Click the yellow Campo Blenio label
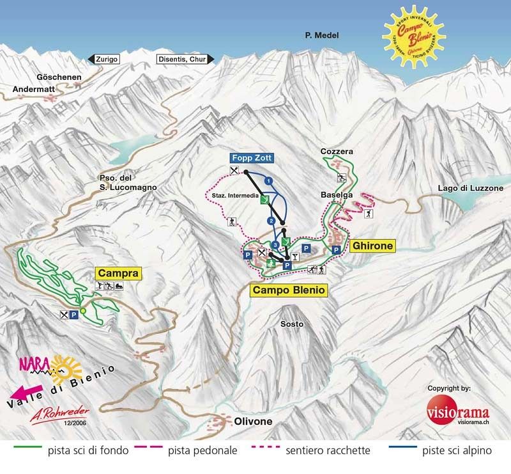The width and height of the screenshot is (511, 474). pyautogui.click(x=289, y=290)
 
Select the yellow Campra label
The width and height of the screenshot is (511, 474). pyautogui.click(x=118, y=274)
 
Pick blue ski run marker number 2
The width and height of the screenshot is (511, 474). pyautogui.click(x=271, y=221)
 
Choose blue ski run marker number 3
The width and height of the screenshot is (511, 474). pyautogui.click(x=275, y=245)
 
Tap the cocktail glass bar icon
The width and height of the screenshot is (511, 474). pyautogui.click(x=295, y=256)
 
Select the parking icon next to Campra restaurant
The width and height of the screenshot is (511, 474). pyautogui.click(x=74, y=314)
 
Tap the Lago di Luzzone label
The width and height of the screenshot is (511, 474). pyautogui.click(x=467, y=188)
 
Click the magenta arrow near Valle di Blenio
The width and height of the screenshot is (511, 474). pyautogui.click(x=26, y=391)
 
